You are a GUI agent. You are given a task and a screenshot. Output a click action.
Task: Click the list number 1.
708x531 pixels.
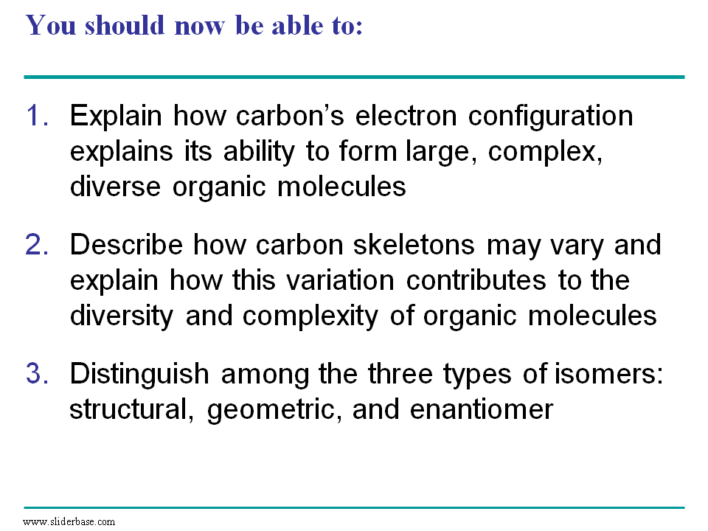(38, 115)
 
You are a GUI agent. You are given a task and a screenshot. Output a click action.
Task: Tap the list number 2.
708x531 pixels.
(38, 244)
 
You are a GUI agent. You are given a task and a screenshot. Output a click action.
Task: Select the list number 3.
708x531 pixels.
(38, 373)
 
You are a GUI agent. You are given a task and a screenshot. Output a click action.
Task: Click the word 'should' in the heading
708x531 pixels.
(125, 25)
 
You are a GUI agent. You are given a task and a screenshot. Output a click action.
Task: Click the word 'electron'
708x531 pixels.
(406, 116)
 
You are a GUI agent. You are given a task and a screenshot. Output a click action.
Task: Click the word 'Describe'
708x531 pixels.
(126, 244)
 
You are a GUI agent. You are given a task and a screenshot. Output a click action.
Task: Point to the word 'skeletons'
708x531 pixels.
(414, 244)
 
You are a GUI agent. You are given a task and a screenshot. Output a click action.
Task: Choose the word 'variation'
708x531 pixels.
(341, 280)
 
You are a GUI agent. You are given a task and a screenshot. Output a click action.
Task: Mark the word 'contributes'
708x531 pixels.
(476, 280)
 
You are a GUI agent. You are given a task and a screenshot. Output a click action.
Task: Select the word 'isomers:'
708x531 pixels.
(608, 373)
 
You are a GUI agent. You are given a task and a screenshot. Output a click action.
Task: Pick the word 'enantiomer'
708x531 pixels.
(482, 409)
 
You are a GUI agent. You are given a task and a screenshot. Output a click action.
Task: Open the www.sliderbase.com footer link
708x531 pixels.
(69, 521)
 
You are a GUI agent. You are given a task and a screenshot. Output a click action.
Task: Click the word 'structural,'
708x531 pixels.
(132, 409)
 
